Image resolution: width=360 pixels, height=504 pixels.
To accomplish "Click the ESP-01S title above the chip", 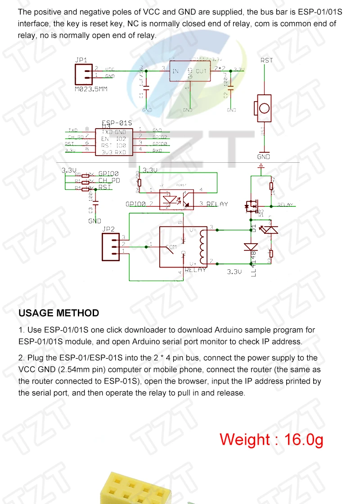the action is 117,123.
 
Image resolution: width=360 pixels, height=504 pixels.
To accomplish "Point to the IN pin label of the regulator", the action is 175,71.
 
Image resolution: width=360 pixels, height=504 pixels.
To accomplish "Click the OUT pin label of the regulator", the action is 201,71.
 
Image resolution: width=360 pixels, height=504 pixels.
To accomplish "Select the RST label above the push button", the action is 266,60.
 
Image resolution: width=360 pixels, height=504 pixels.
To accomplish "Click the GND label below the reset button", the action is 263,157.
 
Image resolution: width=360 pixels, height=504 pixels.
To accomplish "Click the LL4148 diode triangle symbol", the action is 250,247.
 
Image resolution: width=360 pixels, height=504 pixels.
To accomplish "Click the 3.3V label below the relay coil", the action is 234,272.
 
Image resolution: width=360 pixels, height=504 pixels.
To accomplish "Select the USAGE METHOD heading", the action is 58,313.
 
